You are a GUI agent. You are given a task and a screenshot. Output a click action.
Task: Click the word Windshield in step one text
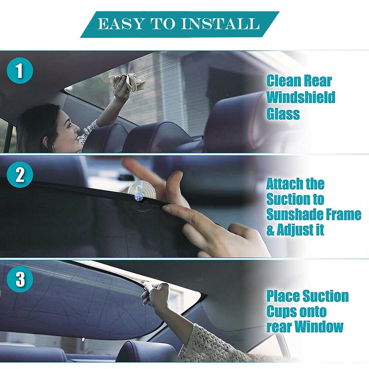click(x=300, y=97)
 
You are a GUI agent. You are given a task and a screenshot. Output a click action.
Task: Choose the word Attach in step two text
click(x=283, y=184)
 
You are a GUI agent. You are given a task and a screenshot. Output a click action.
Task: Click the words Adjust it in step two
click(x=296, y=230)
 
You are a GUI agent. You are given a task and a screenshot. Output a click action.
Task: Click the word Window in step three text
click(x=319, y=327)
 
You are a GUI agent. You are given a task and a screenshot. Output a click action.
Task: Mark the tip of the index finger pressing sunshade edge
click(x=167, y=208)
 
